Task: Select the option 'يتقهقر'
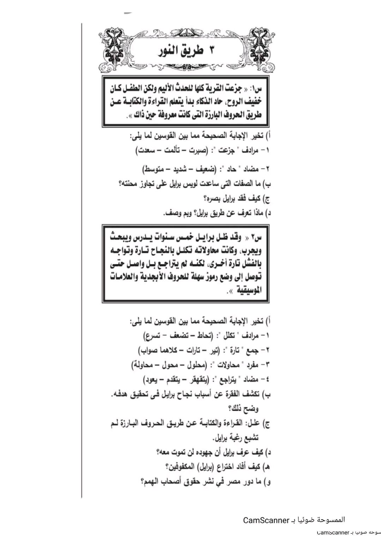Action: (195, 380)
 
